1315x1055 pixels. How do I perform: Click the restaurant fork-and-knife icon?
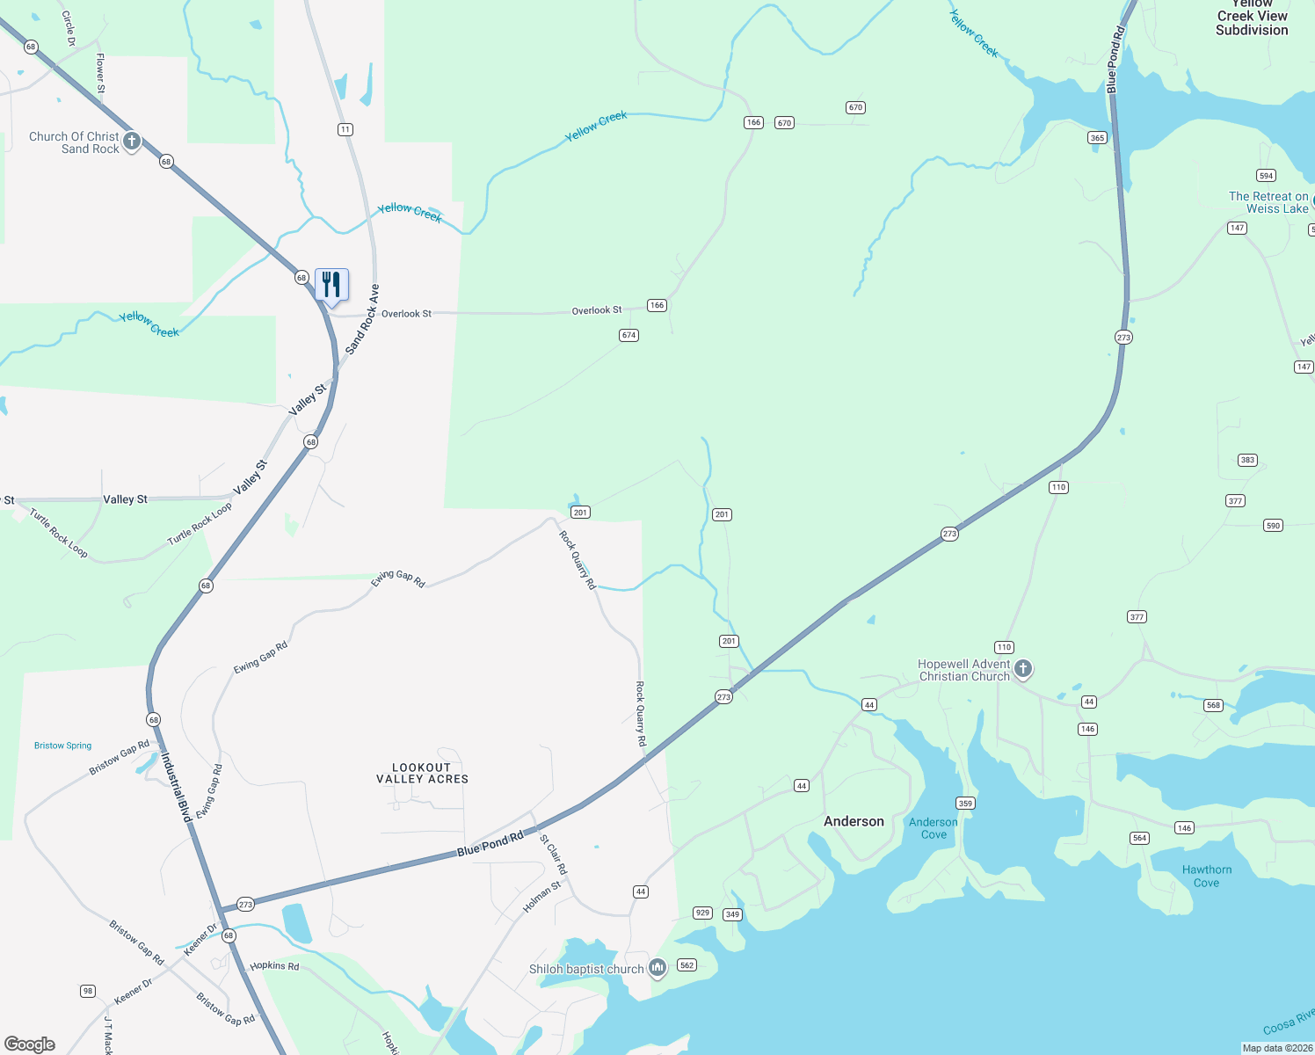[331, 285]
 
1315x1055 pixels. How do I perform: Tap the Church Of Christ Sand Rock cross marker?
[131, 141]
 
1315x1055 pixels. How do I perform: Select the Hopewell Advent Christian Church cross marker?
[1022, 669]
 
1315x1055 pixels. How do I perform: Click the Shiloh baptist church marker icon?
[657, 968]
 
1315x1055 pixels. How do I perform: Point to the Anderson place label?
[854, 821]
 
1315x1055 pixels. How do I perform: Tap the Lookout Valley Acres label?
[422, 773]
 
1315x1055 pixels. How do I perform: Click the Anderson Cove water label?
[934, 828]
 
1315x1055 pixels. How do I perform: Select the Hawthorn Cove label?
[1206, 876]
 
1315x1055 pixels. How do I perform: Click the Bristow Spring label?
[62, 746]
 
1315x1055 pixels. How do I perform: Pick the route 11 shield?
[345, 129]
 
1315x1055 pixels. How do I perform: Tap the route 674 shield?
[628, 335]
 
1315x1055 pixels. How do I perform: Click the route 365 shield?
[1097, 137]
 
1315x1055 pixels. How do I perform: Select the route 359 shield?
[965, 803]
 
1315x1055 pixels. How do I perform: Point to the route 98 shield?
[88, 991]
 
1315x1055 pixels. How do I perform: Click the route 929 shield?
[702, 913]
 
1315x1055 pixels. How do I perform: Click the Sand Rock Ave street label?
[362, 319]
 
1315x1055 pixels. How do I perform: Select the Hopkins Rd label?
[274, 965]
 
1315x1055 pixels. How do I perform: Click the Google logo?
[30, 1044]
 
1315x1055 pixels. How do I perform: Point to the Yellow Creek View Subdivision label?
[1252, 18]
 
